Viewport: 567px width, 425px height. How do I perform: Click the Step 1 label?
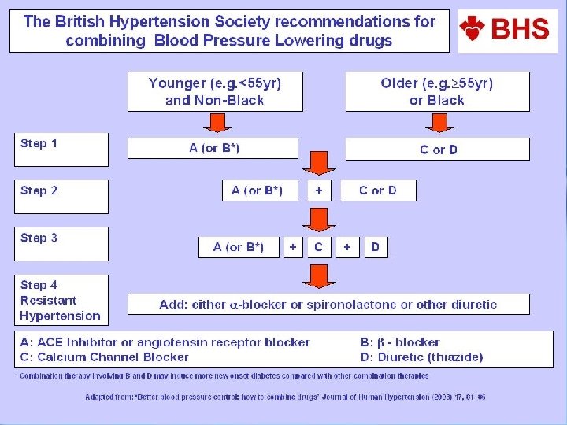pyautogui.click(x=39, y=144)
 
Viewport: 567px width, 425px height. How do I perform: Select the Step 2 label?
pyautogui.click(x=39, y=191)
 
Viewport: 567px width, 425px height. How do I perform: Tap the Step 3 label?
pyautogui.click(x=39, y=238)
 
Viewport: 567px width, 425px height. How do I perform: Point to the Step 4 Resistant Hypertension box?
pyautogui.click(x=61, y=300)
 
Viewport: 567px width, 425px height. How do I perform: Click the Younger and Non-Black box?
pyautogui.click(x=214, y=91)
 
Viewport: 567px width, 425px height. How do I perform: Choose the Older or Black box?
pyautogui.click(x=437, y=91)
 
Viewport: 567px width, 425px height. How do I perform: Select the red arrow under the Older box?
pyautogui.click(x=437, y=123)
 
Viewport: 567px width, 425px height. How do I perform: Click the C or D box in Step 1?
pyautogui.click(x=438, y=150)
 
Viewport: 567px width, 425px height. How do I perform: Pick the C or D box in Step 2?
pyautogui.click(x=378, y=190)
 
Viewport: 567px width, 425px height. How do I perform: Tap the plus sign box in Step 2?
pyautogui.click(x=318, y=190)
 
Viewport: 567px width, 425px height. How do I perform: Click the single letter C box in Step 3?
pyautogui.click(x=318, y=247)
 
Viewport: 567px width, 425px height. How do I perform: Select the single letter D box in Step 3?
pyautogui.click(x=375, y=247)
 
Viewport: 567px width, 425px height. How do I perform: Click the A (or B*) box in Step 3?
pyautogui.click(x=238, y=247)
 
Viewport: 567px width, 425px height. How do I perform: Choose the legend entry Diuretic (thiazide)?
pyautogui.click(x=421, y=357)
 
